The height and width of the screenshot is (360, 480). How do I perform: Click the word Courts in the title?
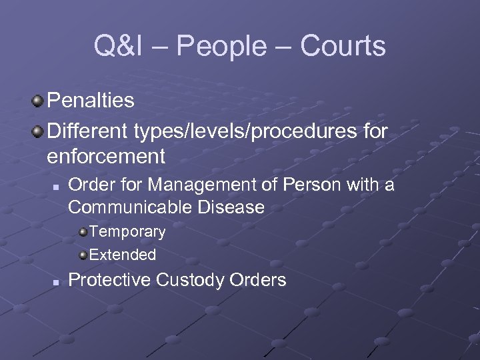click(x=343, y=47)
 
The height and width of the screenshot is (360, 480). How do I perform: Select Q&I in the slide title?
click(x=116, y=47)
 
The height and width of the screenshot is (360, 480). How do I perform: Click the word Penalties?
click(x=91, y=101)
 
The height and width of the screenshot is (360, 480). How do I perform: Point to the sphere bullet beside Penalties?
click(x=37, y=101)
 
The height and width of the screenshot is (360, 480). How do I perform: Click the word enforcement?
click(x=106, y=157)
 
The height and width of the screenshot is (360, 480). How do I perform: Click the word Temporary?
click(x=127, y=232)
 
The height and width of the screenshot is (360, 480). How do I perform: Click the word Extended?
click(x=123, y=255)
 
